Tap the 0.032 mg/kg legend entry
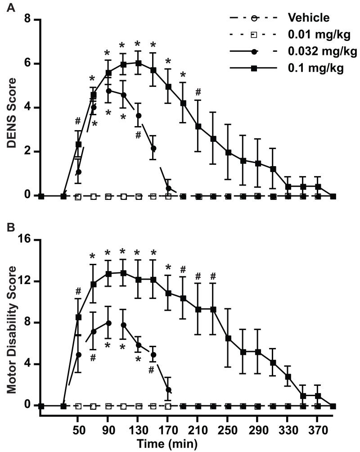321,52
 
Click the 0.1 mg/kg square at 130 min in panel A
138,63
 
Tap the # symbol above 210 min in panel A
198,92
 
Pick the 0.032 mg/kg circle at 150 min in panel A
153,148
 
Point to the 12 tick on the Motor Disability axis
23,281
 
